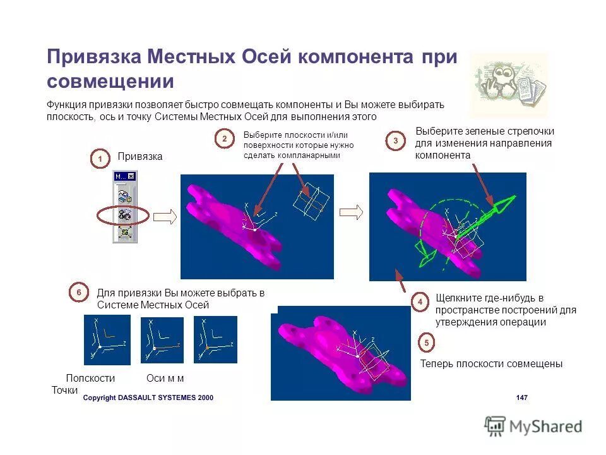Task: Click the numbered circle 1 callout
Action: [x=99, y=159]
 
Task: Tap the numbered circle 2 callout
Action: [x=224, y=139]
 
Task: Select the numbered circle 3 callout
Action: [x=395, y=141]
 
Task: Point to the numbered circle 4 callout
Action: [x=420, y=302]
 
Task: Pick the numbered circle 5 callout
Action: [x=426, y=343]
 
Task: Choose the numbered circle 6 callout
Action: [x=78, y=293]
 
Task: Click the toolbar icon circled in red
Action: [x=124, y=215]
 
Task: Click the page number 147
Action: [x=521, y=397]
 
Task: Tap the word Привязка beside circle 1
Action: [x=140, y=157]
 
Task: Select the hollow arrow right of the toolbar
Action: [x=165, y=217]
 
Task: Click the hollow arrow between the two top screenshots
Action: [x=351, y=212]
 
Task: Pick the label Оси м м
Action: [x=165, y=379]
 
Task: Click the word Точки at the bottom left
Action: [x=64, y=391]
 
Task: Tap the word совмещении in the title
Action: [x=110, y=82]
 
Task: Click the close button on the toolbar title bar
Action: [x=131, y=176]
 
